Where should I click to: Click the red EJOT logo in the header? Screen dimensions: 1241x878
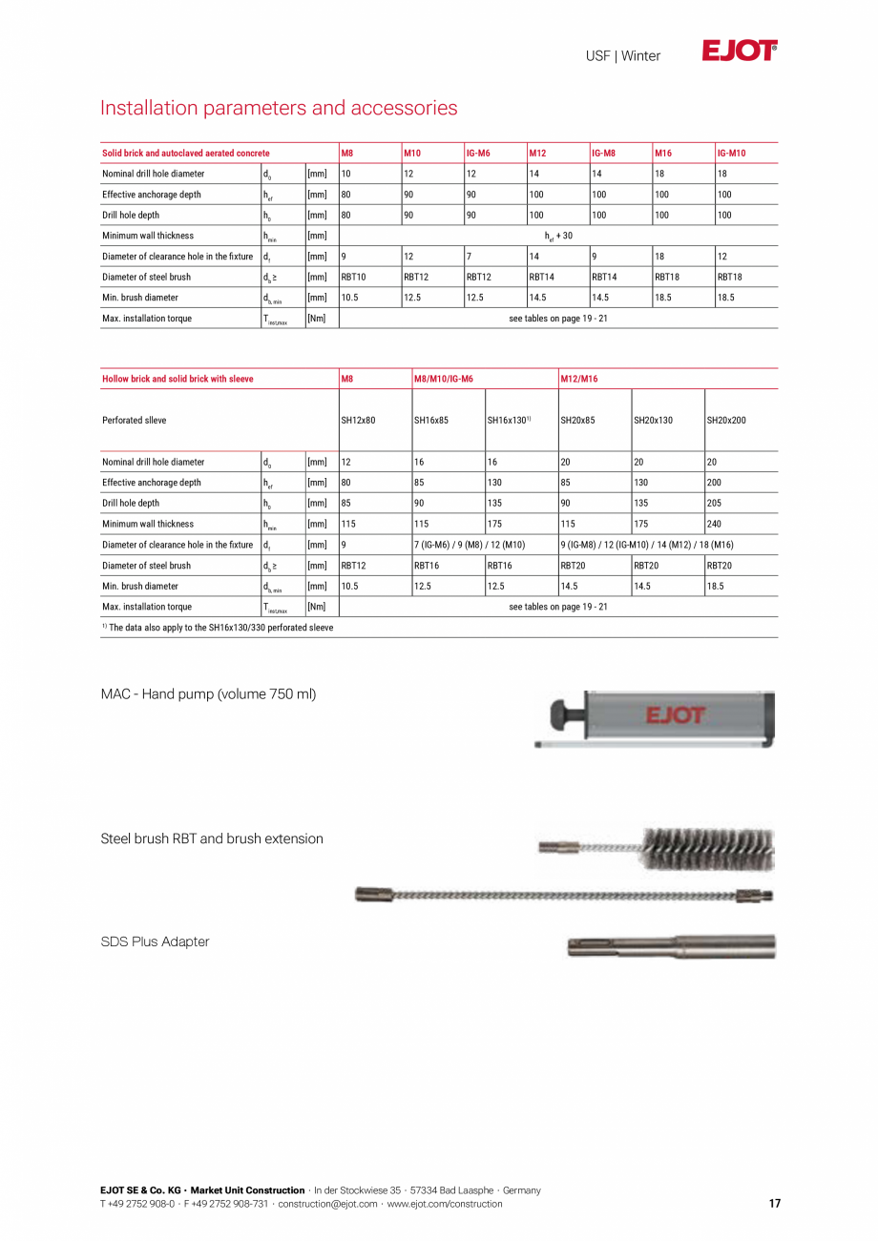[740, 52]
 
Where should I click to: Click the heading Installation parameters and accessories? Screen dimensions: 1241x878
[279, 108]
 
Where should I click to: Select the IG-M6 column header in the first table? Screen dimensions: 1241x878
[478, 154]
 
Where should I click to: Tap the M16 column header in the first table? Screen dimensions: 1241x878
[663, 154]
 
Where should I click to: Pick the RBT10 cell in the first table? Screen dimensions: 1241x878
[354, 278]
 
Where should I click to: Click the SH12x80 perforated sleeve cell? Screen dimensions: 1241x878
[359, 421]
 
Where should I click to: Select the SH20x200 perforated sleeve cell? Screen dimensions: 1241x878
[727, 421]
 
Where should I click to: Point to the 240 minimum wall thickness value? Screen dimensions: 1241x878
[715, 525]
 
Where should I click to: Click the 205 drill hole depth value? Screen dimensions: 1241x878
[715, 504]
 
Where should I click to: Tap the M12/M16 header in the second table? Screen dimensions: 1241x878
[579, 380]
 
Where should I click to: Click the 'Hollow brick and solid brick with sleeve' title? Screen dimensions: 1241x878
[178, 380]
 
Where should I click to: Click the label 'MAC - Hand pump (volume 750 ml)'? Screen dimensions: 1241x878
[208, 694]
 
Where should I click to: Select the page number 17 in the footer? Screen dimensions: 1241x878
[774, 1204]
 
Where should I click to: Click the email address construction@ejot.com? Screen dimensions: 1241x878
[327, 1204]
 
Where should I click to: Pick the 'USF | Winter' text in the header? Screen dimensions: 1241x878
[622, 56]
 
